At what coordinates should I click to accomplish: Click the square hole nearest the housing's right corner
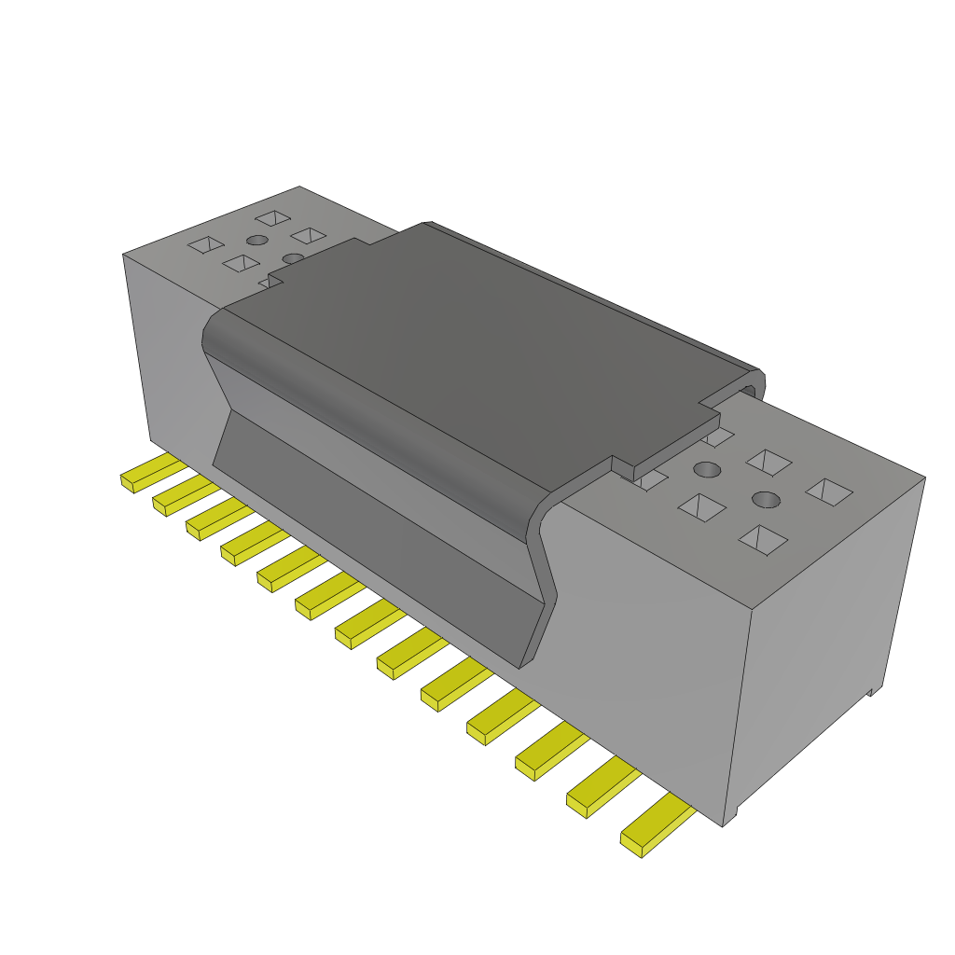[x=829, y=491]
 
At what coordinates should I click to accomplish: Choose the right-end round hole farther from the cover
[x=767, y=500]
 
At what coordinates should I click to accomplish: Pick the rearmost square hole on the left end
[x=273, y=218]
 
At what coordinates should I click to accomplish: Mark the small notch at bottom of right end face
[x=873, y=691]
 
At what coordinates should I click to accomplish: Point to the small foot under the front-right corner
[x=733, y=817]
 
